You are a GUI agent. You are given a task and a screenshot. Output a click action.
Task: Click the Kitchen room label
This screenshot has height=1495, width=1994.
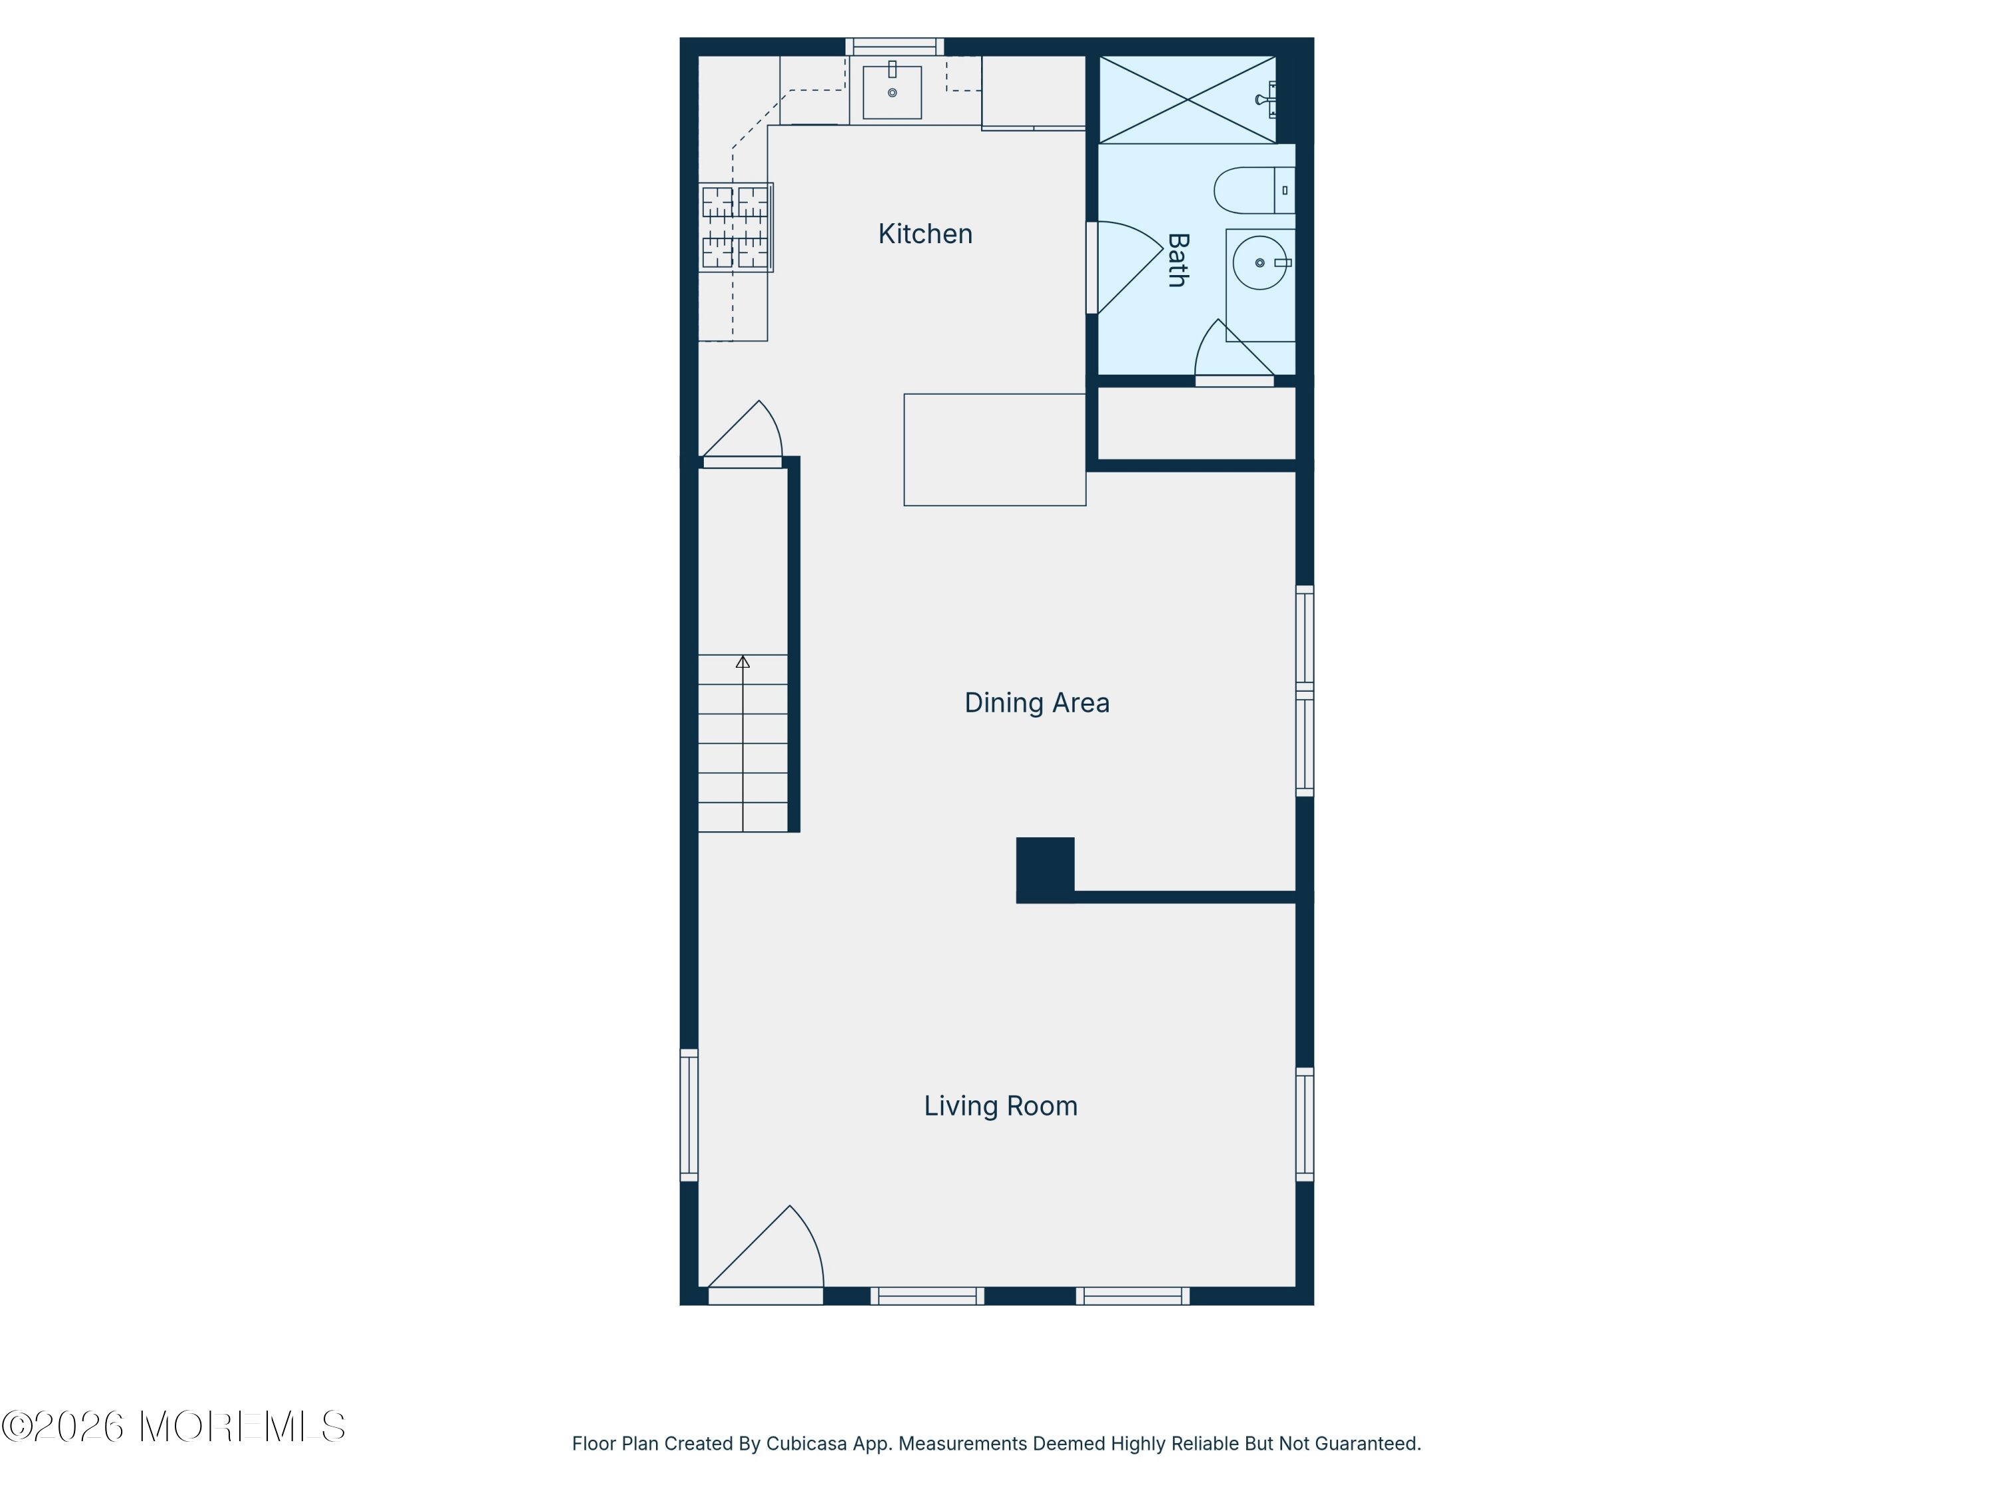coord(925,235)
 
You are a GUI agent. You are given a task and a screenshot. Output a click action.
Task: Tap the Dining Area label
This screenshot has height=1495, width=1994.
coord(1037,703)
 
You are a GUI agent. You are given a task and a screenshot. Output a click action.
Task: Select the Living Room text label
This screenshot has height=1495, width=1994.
coord(1000,1106)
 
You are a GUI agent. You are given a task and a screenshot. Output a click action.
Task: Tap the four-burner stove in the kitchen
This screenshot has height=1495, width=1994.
coord(736,227)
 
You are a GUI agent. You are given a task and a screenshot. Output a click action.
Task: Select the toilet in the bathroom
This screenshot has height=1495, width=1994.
coord(1254,190)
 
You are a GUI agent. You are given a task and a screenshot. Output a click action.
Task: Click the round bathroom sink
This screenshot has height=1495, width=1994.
coord(1260,262)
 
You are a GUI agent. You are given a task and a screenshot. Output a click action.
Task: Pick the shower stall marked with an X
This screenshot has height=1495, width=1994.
coord(1187,99)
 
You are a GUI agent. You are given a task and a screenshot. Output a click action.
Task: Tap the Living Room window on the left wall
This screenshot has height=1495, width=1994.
coord(689,1115)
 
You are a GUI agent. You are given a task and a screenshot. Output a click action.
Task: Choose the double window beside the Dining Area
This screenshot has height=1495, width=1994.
coord(1304,691)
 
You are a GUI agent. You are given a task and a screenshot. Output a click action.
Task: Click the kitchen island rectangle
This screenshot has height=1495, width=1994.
coord(995,450)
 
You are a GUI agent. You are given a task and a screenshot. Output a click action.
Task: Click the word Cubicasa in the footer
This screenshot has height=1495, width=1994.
coord(807,1444)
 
